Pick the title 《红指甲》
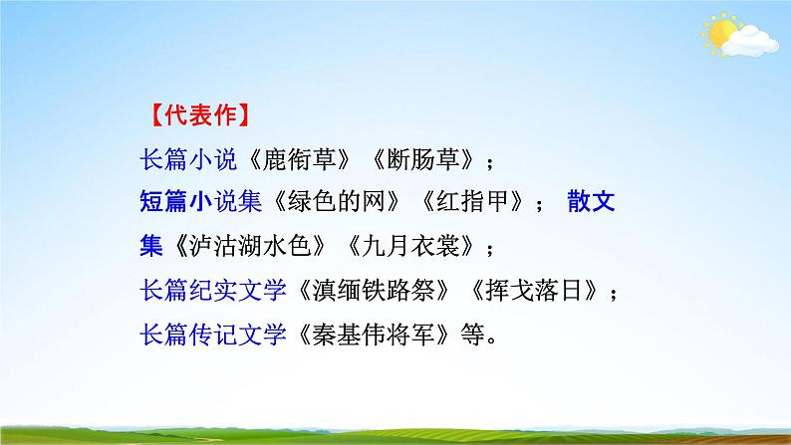[467, 203]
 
